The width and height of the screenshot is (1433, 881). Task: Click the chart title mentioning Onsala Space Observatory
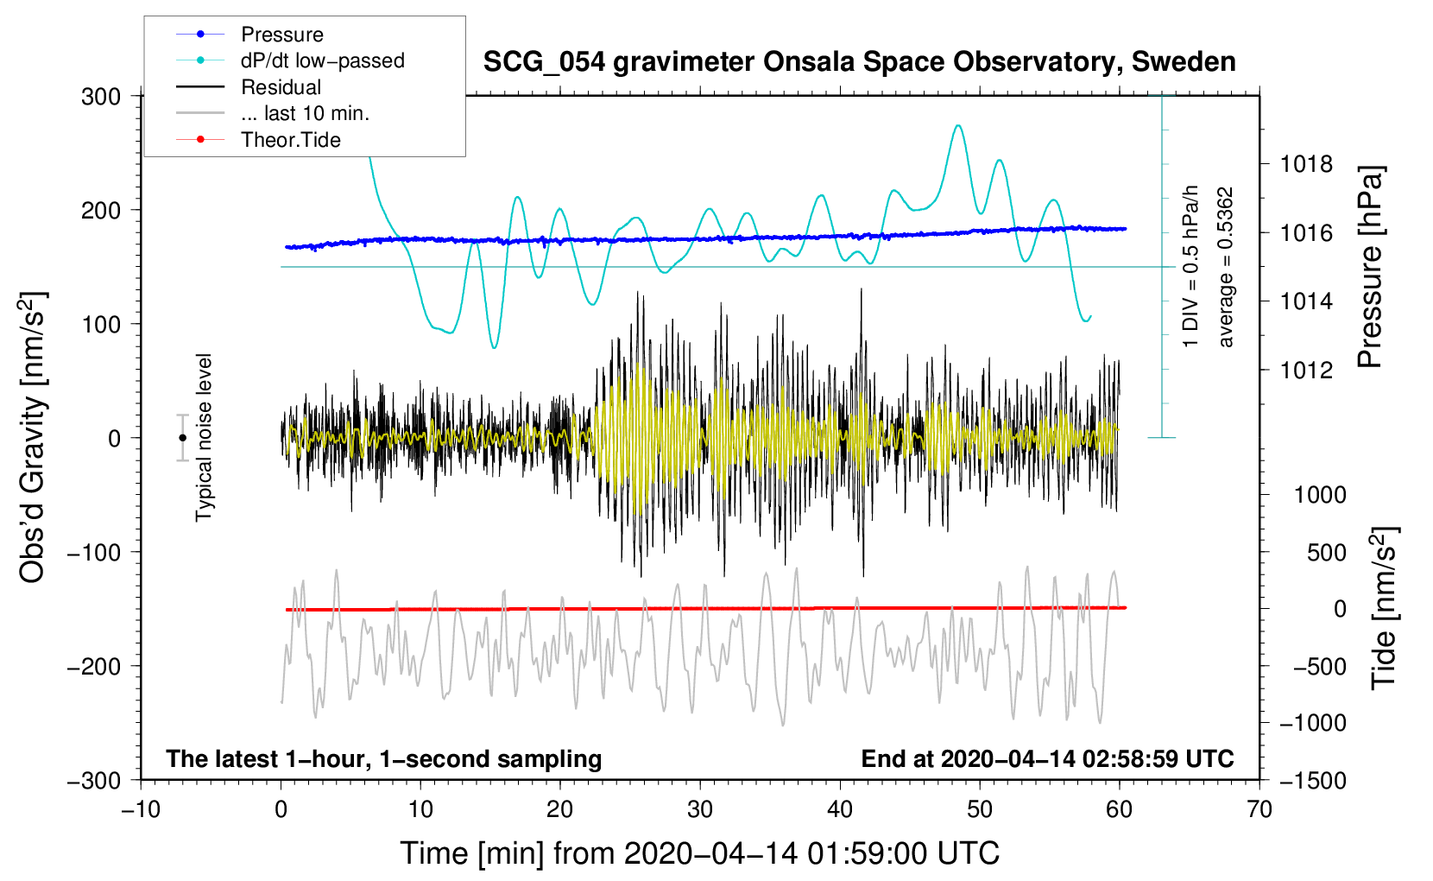859,62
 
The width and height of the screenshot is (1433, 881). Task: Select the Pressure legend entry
249,34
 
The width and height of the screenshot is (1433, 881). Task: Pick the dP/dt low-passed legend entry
290,60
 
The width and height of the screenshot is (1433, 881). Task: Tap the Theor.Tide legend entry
258,140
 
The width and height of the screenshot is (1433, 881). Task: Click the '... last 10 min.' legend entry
273,113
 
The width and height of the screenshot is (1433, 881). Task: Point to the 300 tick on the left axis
101,97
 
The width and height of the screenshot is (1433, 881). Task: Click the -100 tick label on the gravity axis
94,552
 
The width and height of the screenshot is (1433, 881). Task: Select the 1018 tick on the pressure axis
1306,165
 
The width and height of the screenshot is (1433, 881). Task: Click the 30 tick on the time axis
700,809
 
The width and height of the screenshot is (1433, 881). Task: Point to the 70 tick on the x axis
1259,809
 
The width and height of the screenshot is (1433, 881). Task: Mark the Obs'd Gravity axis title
32,437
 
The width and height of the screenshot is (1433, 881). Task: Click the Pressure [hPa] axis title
1370,267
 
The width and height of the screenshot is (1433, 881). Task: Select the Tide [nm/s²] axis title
1385,608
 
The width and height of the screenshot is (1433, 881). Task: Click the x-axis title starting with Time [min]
700,853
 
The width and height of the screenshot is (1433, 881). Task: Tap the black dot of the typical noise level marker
182,438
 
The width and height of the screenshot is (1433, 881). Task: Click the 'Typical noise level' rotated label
204,438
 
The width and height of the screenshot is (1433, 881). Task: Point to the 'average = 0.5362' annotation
1225,267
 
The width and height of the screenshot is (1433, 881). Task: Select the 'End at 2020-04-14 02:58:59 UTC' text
1047,758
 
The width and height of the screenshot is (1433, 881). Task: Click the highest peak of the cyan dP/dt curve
957,125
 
